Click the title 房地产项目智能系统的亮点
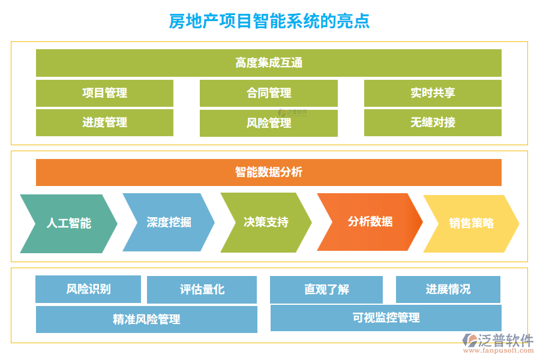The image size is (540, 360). pos(269,20)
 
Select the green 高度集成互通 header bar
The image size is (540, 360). pos(268,62)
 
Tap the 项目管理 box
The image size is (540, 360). pos(104,93)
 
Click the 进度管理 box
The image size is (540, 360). pos(104,122)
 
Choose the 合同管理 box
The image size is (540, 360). pos(268,93)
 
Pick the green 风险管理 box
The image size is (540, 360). pos(268,123)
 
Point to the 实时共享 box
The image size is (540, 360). pos(433,93)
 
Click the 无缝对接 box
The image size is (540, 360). pos(433,122)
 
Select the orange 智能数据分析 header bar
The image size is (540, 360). pos(268,172)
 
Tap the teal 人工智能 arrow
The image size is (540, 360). pos(68,223)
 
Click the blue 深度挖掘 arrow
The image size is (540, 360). pos(169,222)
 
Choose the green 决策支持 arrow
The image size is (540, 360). pos(266,222)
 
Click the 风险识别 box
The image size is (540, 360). pos(88,289)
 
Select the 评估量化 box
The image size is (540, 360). pos(202,289)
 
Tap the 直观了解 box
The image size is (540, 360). pos(326,289)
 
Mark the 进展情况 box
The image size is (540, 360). pos(448,289)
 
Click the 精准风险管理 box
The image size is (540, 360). pos(146,319)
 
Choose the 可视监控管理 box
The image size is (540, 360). pos(386,318)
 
